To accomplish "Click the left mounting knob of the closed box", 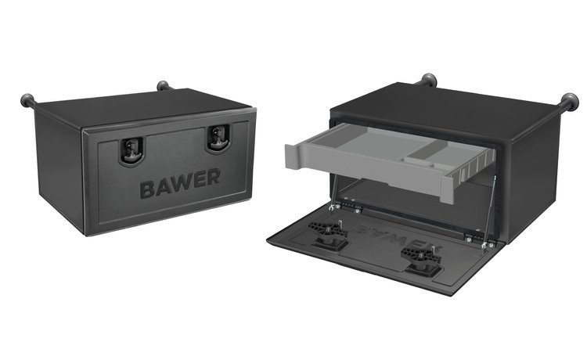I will (x=27, y=101).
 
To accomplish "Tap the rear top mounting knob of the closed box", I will (x=163, y=85).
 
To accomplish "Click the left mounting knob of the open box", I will (x=428, y=80).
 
